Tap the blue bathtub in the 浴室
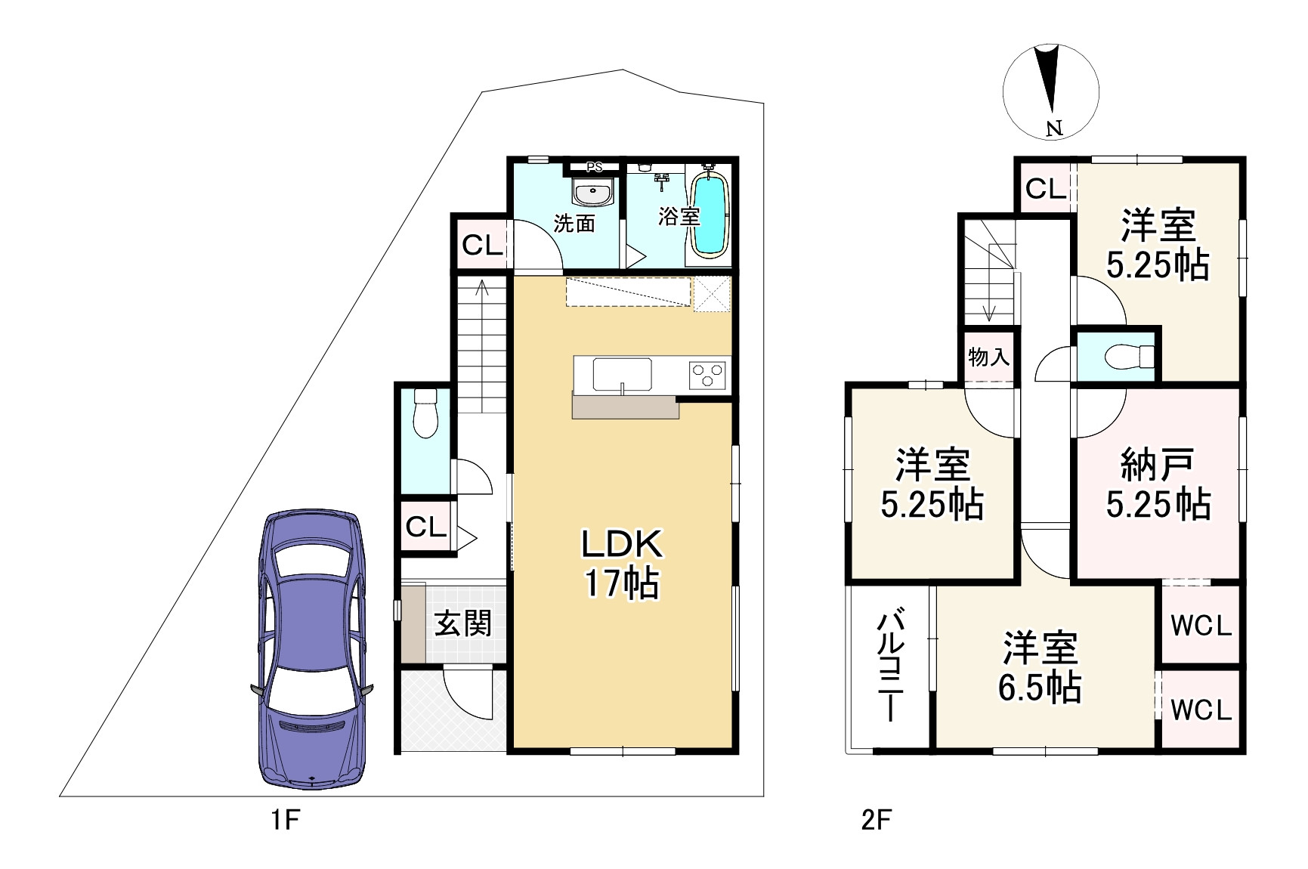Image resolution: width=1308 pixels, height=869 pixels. (710, 215)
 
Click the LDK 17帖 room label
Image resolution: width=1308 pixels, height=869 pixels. (622, 563)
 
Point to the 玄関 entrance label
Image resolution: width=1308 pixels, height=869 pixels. (462, 623)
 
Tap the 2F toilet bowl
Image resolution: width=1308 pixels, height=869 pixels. (1129, 355)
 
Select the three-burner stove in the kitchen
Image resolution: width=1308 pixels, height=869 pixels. (707, 375)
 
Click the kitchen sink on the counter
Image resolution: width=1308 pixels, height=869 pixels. (622, 375)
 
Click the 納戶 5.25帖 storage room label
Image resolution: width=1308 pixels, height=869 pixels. (1158, 484)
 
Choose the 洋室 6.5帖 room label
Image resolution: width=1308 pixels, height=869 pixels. (1040, 666)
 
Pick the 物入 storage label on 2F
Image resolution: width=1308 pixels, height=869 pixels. (988, 357)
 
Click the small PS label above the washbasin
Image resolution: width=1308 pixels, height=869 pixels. (594, 167)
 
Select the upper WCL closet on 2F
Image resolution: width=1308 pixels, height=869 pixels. (1201, 626)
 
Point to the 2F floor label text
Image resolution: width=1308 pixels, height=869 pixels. (877, 820)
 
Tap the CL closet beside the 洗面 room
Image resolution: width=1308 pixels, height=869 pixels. (482, 245)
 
